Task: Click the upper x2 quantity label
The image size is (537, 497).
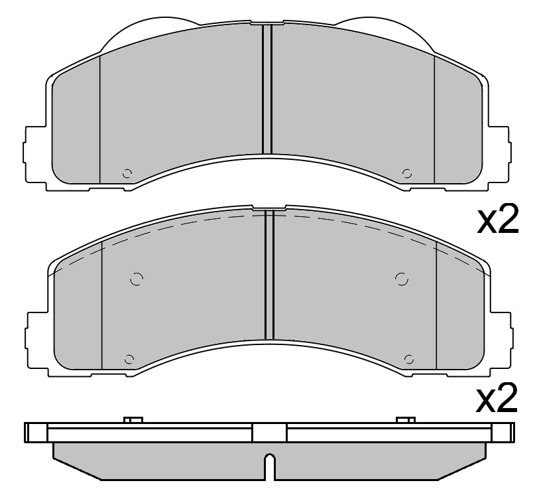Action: tap(497, 221)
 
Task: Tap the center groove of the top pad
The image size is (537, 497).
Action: tap(267, 90)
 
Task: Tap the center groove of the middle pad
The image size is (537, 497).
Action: tap(269, 275)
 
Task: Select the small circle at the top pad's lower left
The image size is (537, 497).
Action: tap(127, 174)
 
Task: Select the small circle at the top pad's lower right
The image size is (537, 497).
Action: tap(407, 174)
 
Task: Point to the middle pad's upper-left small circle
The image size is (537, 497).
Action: tap(137, 279)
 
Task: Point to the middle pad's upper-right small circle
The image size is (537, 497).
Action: tap(400, 279)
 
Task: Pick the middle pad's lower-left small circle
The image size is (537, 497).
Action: tap(129, 360)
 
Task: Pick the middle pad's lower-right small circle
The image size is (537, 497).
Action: tap(409, 360)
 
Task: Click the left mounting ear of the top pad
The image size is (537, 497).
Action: tap(34, 152)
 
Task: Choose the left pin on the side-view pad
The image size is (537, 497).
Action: tap(133, 420)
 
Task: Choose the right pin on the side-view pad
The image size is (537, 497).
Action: tap(405, 420)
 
